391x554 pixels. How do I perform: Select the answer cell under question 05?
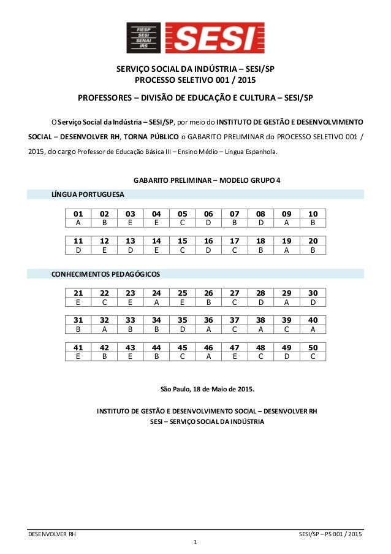(x=182, y=223)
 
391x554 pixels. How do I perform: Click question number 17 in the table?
(x=235, y=241)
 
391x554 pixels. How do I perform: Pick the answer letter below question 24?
(x=156, y=302)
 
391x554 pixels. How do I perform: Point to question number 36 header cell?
(x=208, y=320)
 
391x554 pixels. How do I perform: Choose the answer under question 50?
(x=313, y=356)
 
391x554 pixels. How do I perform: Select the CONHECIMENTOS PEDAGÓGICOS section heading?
(x=106, y=274)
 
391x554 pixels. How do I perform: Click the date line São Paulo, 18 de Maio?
(x=207, y=389)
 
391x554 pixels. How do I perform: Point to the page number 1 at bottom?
(x=195, y=542)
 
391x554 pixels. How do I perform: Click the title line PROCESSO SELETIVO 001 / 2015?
(x=195, y=80)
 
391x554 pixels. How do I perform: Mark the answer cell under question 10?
(x=313, y=223)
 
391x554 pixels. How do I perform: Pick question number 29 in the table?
(x=287, y=293)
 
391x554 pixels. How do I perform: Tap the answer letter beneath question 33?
(x=130, y=329)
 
